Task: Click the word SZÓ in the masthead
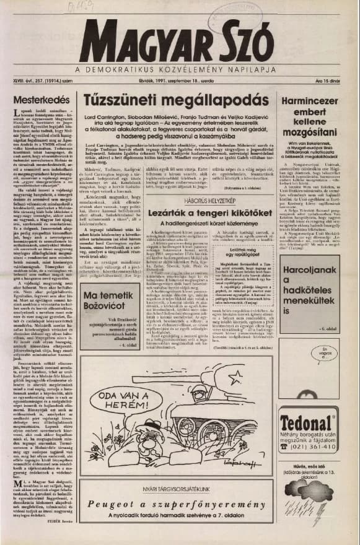pos(242,41)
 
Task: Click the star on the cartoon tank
pos(234,378)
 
